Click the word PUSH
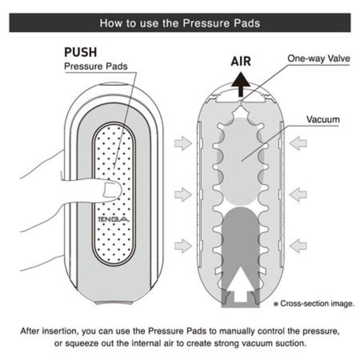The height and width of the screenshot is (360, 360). [x=81, y=53]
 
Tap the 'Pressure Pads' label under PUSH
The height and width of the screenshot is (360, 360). [x=96, y=66]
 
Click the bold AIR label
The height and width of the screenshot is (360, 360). [x=240, y=61]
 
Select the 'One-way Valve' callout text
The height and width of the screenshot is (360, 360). [x=317, y=58]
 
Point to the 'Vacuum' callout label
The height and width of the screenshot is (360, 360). [x=323, y=119]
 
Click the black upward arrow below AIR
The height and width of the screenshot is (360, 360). [x=241, y=85]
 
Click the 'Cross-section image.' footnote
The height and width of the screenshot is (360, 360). [x=313, y=304]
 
